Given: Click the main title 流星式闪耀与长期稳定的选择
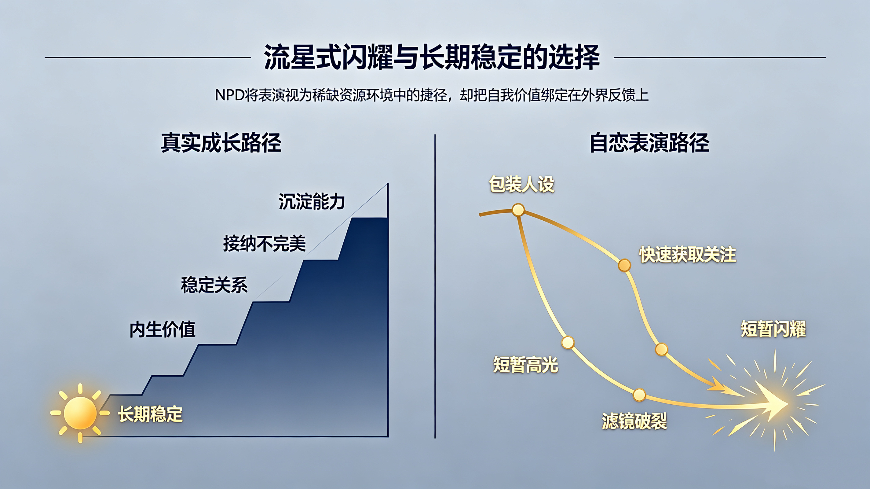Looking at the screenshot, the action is coord(432,57).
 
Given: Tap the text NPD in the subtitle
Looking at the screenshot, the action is coord(230,95).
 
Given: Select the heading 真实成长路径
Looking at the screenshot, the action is coord(221,143).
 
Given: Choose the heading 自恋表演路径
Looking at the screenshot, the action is coord(649,143).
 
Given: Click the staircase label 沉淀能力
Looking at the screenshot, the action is coord(311,201).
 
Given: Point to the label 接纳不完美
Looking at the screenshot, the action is coord(265,243).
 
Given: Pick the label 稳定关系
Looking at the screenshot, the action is coord(214,285).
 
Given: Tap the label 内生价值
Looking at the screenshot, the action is coord(163,329).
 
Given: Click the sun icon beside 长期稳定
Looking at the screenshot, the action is coord(80,413).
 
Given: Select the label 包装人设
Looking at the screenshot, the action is coord(522,184).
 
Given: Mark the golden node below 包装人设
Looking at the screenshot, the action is coord(518,210).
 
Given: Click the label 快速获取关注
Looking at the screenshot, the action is coord(688,254).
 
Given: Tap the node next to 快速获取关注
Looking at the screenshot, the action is coord(624,265).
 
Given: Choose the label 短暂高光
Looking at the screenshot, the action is coord(525,365).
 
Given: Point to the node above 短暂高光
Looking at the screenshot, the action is coord(568,342).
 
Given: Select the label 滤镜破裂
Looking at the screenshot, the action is coord(634,421).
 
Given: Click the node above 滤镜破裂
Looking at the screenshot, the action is coord(639,395).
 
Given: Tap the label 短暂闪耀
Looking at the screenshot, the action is coord(773,329).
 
